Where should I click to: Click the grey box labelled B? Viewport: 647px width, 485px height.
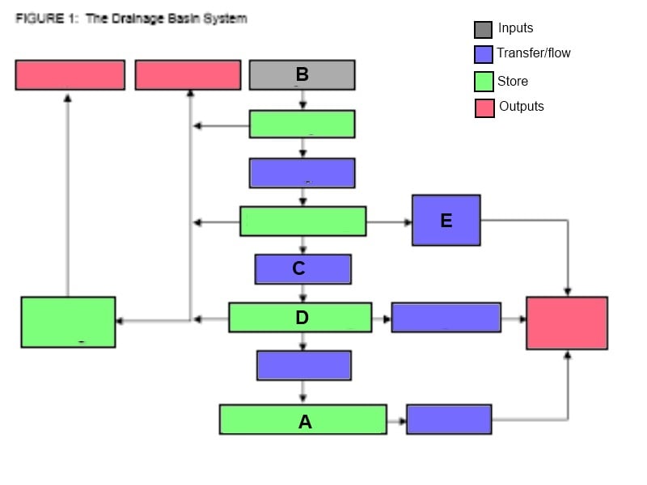(302, 74)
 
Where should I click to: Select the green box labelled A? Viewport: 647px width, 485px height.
(302, 420)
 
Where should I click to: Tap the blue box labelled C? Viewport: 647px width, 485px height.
(302, 269)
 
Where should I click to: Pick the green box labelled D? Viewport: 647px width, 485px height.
(300, 318)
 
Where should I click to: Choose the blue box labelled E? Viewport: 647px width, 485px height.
(446, 220)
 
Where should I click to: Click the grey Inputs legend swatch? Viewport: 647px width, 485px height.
(483, 30)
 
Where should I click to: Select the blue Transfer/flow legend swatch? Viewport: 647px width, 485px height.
(483, 55)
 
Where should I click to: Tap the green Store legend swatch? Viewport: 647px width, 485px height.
(483, 82)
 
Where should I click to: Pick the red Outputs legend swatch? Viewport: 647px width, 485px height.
(484, 108)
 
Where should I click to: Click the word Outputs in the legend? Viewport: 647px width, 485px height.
(522, 107)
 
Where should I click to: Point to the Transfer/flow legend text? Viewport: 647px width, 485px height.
(534, 53)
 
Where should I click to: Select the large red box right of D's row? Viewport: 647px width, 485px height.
(566, 323)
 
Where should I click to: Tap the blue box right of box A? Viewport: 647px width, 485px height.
(449, 420)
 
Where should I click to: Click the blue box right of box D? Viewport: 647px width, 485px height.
(446, 318)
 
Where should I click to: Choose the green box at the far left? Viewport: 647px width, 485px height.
(68, 323)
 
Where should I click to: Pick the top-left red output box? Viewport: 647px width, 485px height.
(70, 74)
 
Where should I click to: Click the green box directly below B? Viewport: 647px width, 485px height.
(302, 124)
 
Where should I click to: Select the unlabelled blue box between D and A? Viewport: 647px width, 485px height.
(303, 365)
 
